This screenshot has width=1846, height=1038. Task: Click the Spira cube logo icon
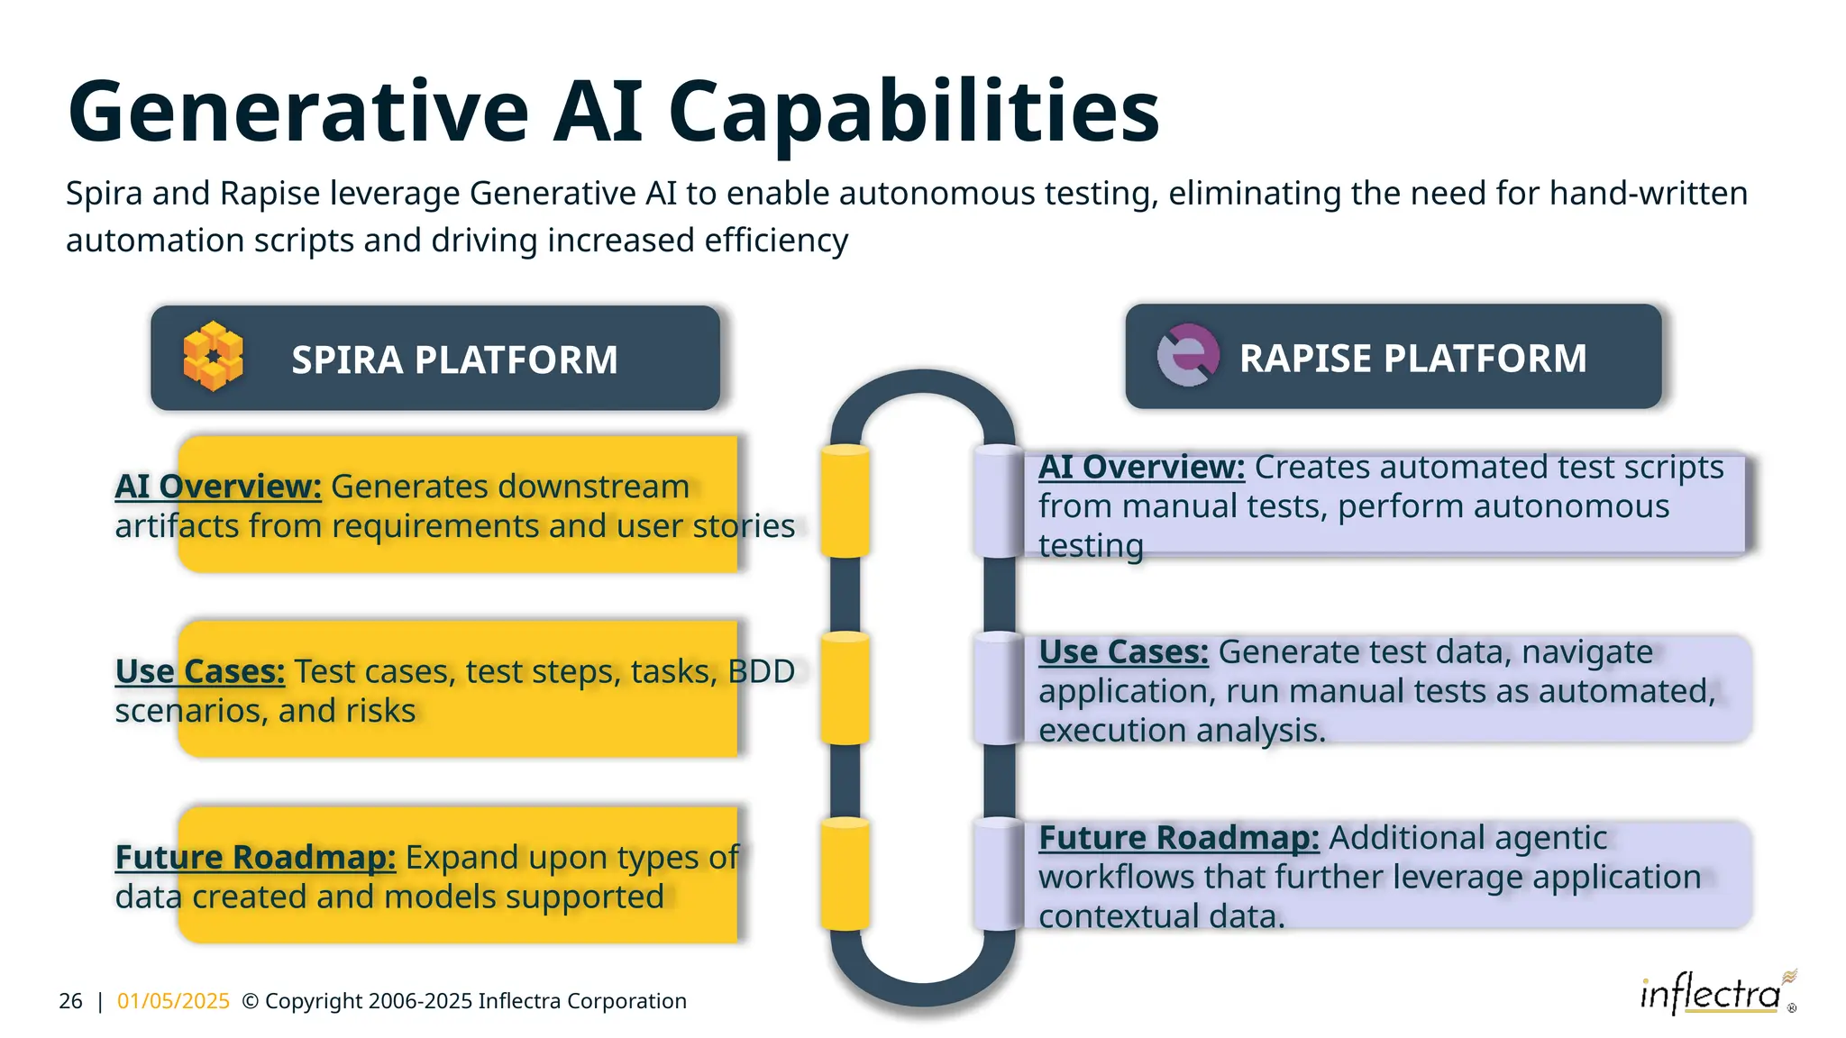pos(213,356)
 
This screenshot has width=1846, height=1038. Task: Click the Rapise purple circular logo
pos(1188,355)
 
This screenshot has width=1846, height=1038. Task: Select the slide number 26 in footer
pos(70,1001)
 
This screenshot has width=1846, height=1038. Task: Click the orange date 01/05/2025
pos(173,1001)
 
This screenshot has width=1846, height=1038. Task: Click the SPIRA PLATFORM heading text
pos(454,360)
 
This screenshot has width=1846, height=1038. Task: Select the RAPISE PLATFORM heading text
pos(1412,358)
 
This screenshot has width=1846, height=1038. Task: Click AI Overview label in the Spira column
pos(218,487)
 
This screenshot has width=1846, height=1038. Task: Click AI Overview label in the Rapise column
pos(1141,467)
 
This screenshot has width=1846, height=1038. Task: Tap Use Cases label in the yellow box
pos(200,671)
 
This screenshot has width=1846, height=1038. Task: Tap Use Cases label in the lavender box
pos(1123,651)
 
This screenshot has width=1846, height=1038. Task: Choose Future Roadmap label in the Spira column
pos(255,857)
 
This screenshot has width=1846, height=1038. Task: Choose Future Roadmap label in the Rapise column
pos(1178,837)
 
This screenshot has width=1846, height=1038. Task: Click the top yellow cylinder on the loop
pos(845,500)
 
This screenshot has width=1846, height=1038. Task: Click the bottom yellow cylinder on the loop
pos(845,874)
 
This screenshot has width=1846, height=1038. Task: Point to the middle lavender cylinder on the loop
pos(999,688)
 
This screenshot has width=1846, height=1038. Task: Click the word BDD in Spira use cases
pos(761,671)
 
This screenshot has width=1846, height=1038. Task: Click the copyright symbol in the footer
pos(251,1001)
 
